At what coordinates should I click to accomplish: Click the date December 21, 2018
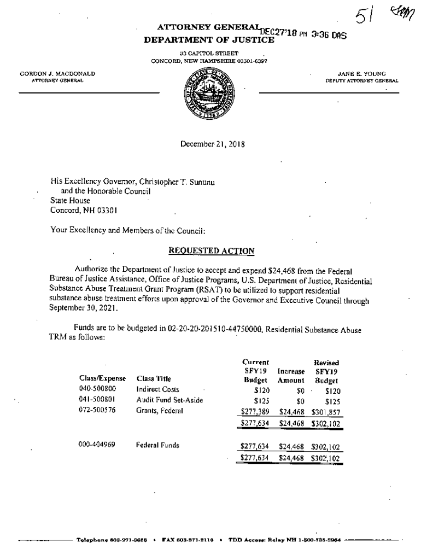pos(212,145)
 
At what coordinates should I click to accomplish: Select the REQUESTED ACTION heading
pos(211,251)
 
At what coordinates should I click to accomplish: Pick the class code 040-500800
pos(97,389)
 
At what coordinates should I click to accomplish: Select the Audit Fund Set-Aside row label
pos(169,400)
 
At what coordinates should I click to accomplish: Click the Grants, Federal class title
pos(159,411)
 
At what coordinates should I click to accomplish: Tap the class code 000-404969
pos(97,445)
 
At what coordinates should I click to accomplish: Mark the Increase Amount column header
pos(291,376)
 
